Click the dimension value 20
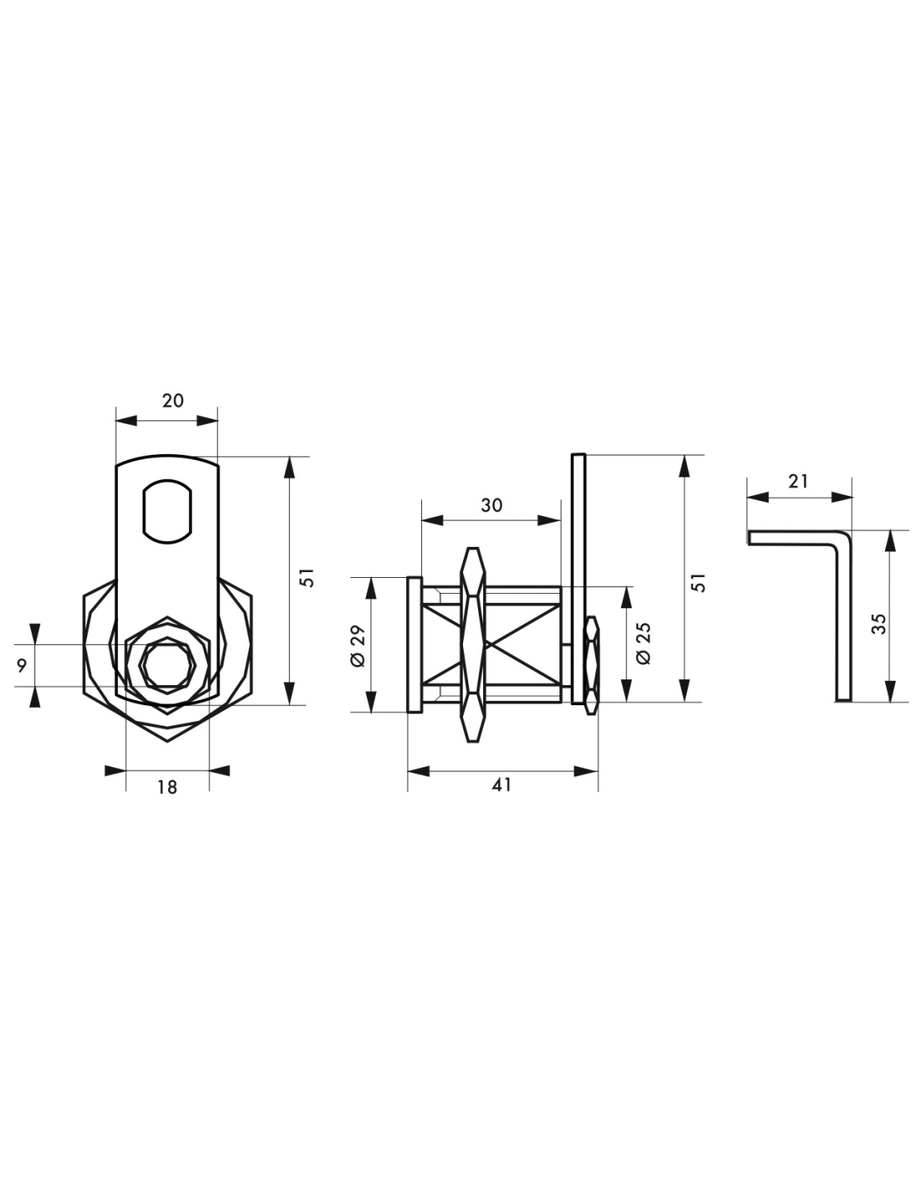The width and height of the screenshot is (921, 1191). point(172,400)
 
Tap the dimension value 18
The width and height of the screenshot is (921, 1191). point(167,787)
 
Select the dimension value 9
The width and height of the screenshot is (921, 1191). point(22,666)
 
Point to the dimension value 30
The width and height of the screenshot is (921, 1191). point(491,505)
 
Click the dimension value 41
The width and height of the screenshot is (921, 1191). point(502,785)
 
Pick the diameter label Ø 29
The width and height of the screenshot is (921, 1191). point(358,646)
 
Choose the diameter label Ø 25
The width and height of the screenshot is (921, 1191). point(645,643)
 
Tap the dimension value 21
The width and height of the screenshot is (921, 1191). point(798,482)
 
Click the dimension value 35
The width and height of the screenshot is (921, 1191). point(879,624)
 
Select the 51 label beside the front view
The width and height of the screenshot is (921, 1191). point(310,578)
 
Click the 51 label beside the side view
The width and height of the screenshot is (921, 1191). point(698,583)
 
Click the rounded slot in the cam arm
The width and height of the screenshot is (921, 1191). point(167,512)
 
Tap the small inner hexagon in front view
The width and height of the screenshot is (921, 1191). point(167,665)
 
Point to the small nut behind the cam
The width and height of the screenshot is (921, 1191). point(592,665)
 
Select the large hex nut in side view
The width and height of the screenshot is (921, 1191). point(473,645)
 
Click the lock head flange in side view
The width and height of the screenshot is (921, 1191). point(414,645)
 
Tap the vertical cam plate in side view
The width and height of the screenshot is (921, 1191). point(579,579)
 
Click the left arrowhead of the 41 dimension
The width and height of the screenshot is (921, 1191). point(419,771)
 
